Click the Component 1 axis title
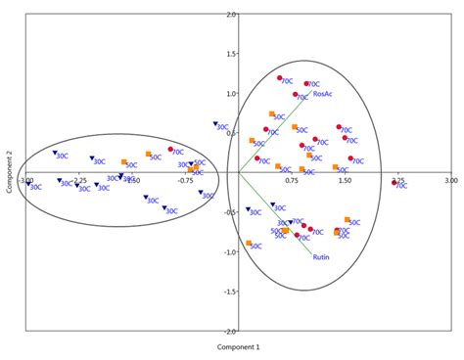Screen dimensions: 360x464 tap(232, 347)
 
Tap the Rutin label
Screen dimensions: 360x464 tap(321, 259)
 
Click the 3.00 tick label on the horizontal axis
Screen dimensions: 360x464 tap(448, 181)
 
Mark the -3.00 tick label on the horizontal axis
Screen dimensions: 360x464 tap(26, 181)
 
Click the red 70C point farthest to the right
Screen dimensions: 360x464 tap(394, 182)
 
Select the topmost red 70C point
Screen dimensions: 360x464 tap(280, 78)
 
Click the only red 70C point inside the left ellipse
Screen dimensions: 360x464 tap(168, 150)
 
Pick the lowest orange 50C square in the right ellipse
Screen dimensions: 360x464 tap(249, 244)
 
